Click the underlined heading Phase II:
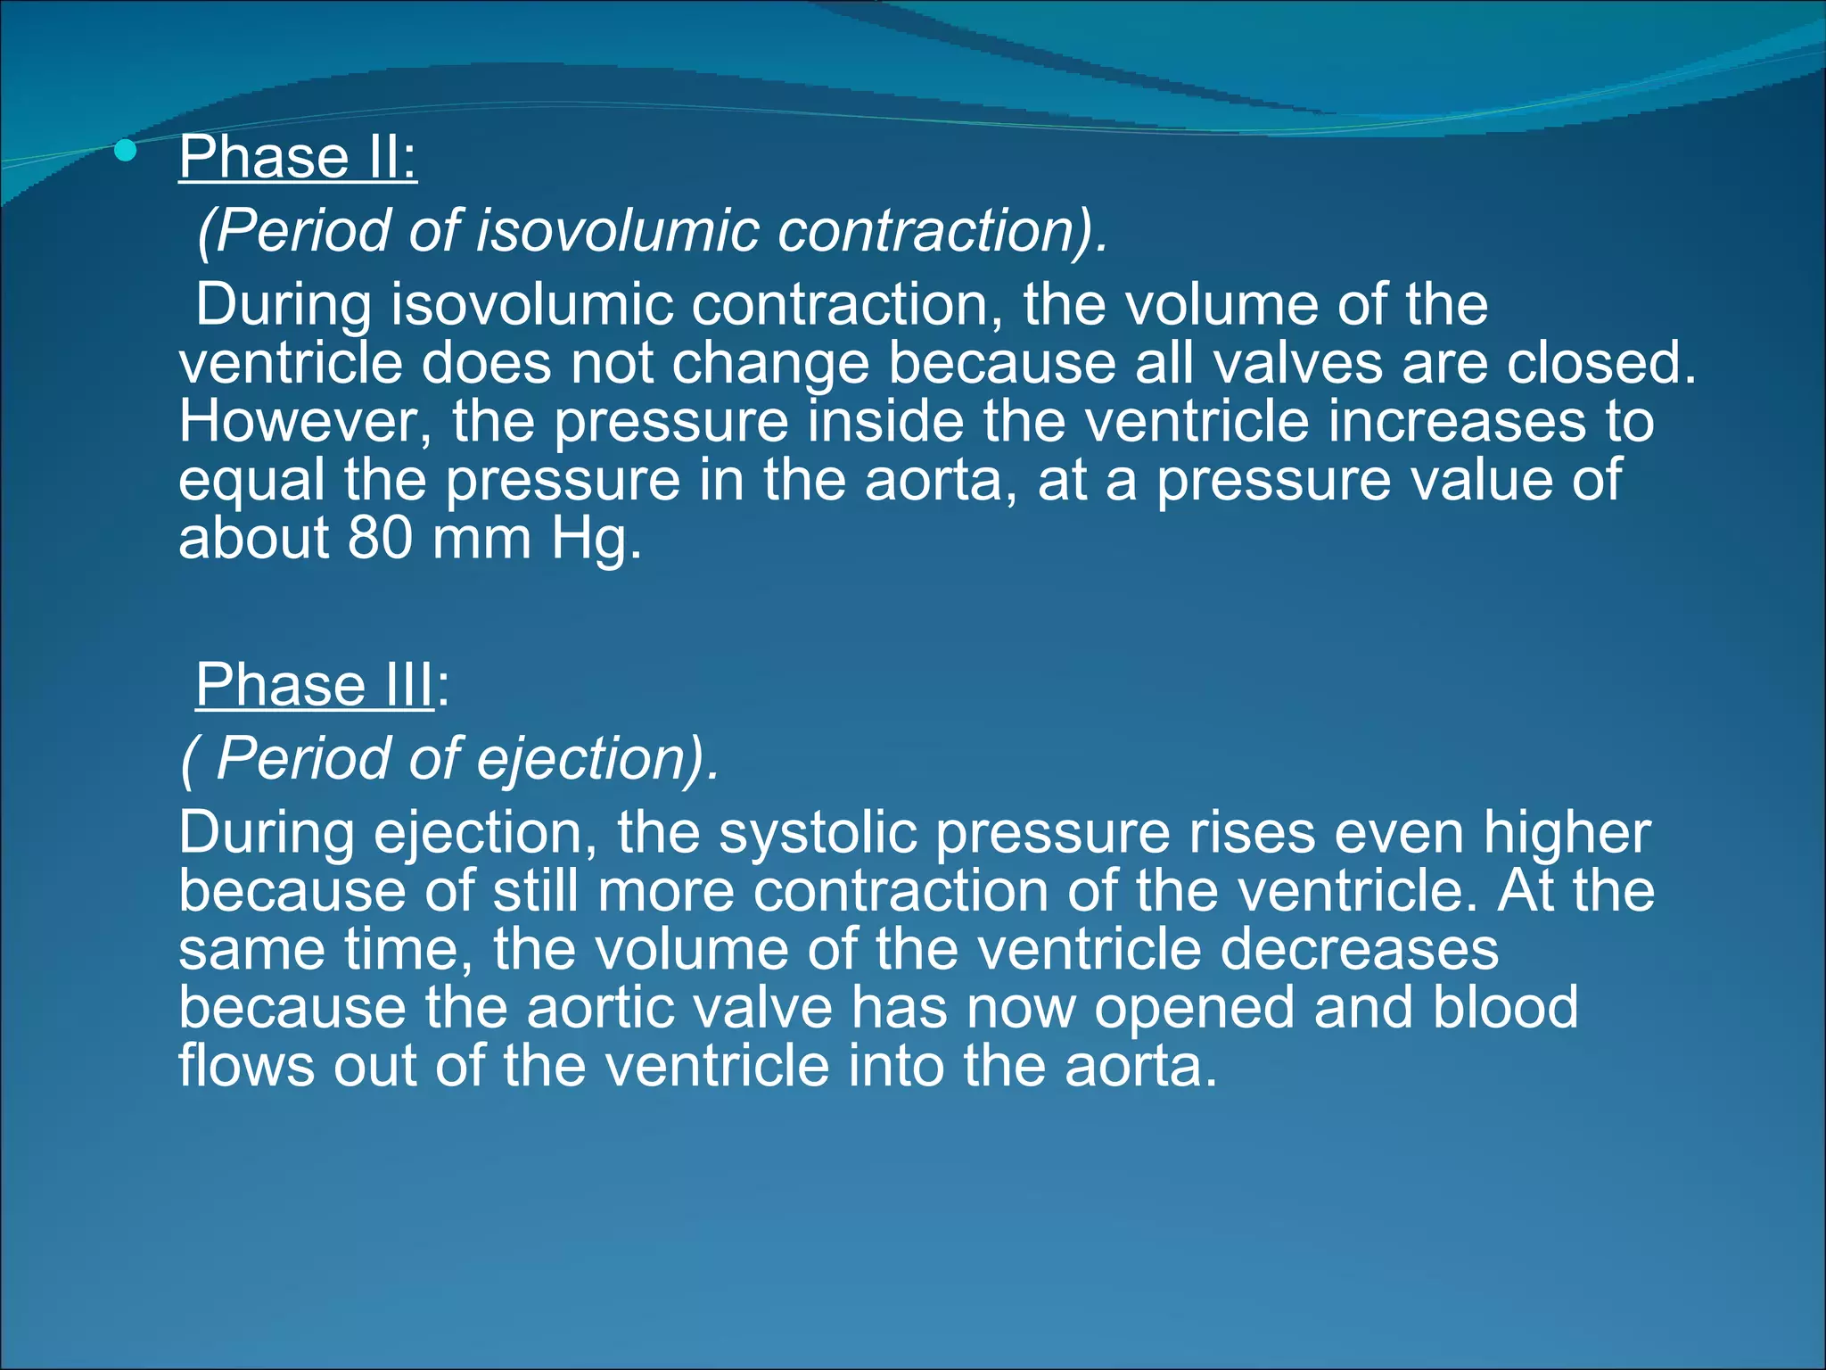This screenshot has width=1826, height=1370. point(298,157)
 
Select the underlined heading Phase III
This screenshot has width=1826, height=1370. point(314,685)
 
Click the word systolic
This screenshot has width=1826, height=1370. point(818,833)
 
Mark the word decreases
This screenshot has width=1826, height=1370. point(1359,949)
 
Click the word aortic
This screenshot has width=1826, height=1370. point(588,1008)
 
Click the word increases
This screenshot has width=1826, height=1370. point(1457,421)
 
